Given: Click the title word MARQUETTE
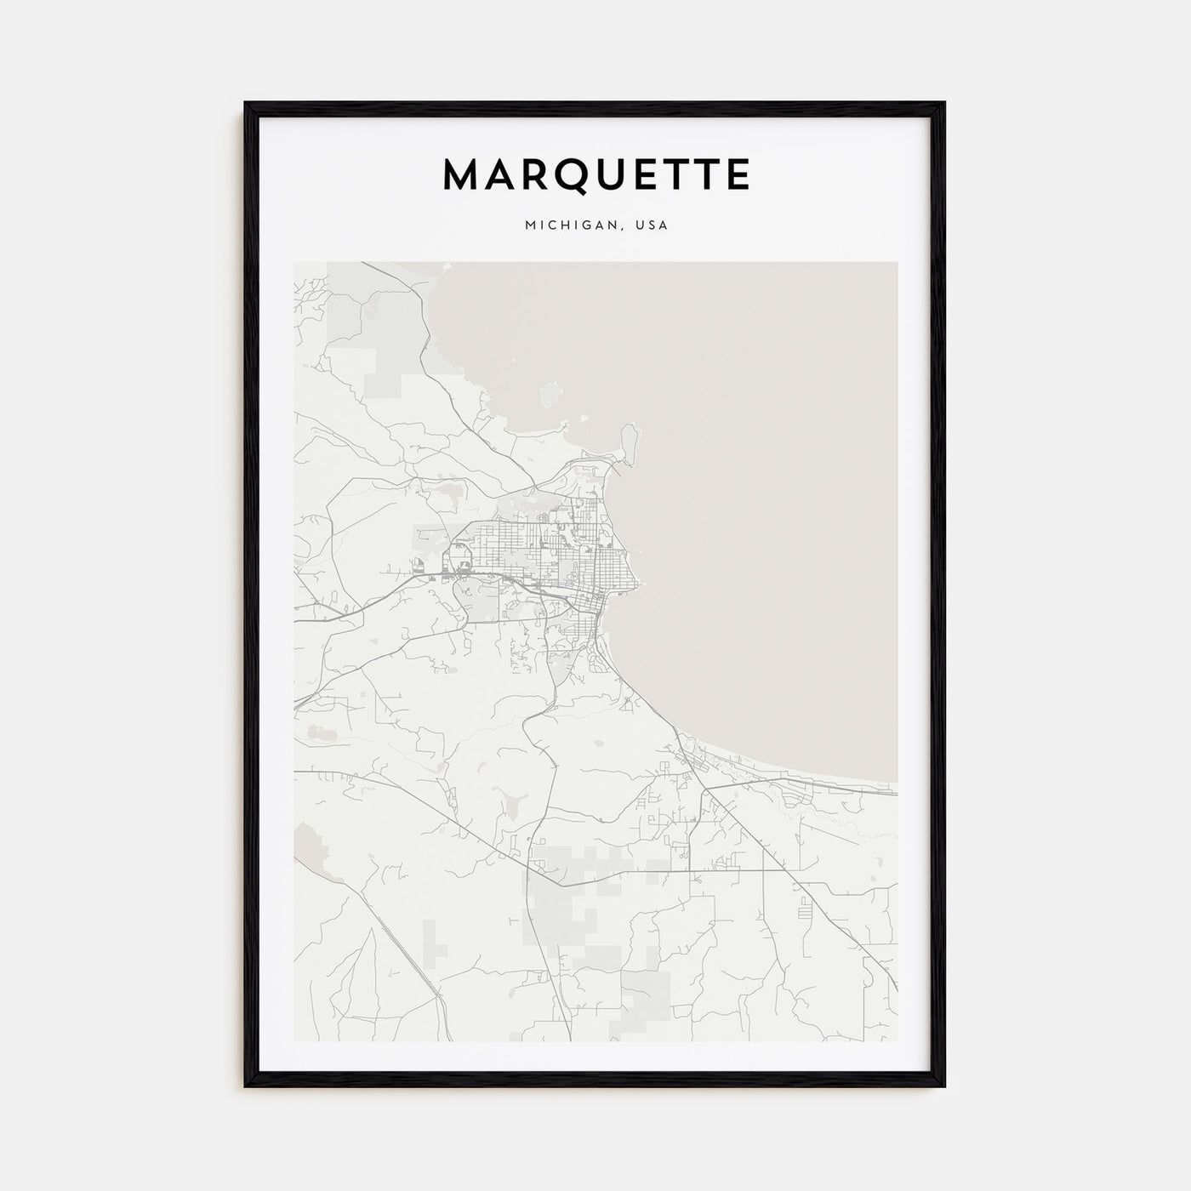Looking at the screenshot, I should tap(595, 174).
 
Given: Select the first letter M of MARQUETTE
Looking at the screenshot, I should tap(461, 174).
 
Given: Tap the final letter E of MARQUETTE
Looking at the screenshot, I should tap(737, 174).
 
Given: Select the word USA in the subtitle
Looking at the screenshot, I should tap(652, 225).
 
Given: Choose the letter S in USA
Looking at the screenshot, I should tap(652, 225).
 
